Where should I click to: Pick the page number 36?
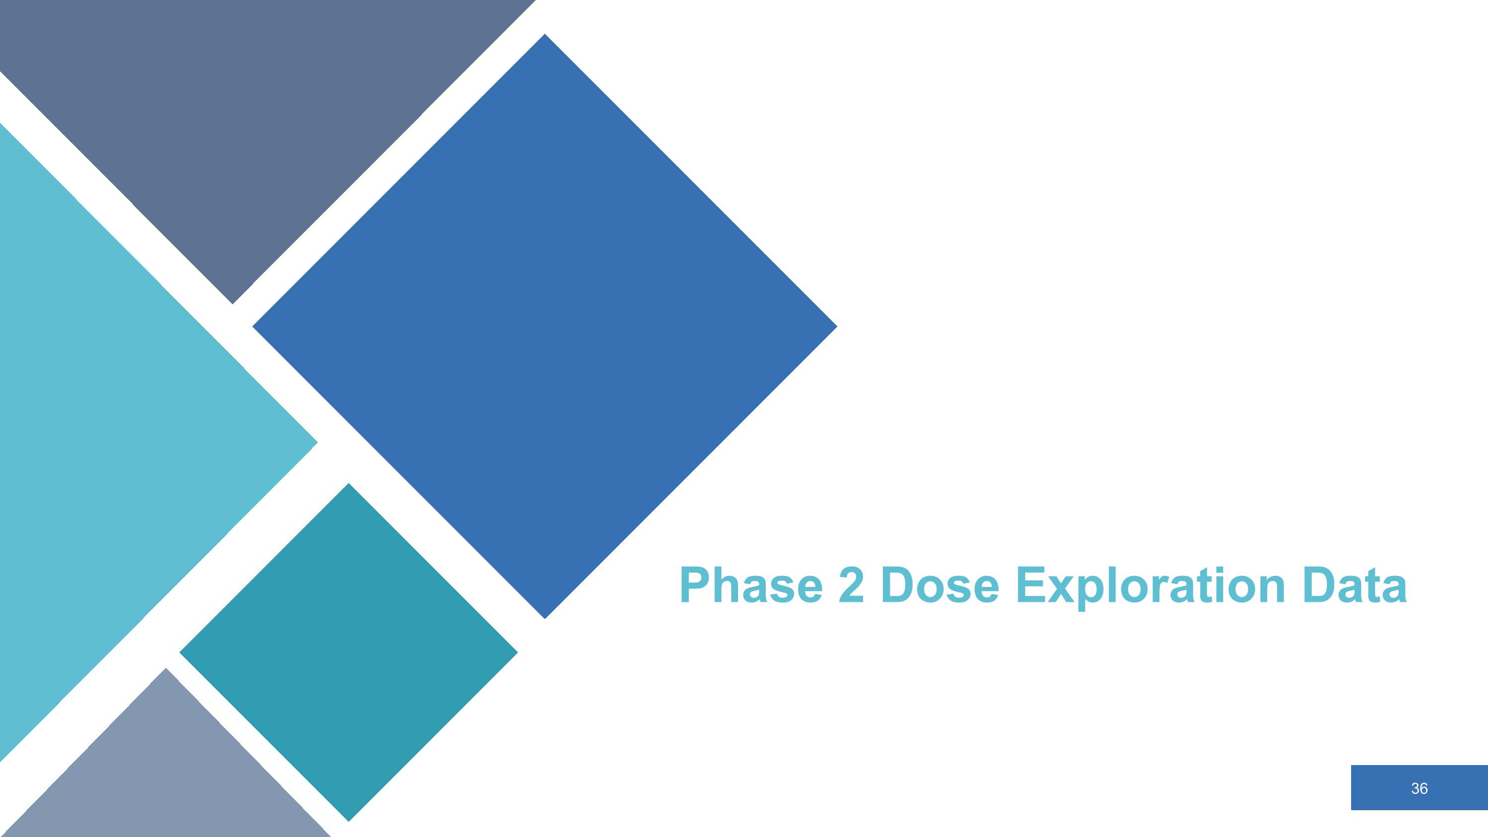coord(1419,788)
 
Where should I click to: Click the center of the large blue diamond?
coord(545,326)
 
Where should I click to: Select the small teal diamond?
coord(348,652)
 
